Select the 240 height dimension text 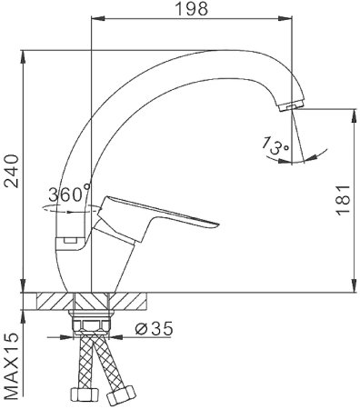[11, 172]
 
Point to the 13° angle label [274, 145]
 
